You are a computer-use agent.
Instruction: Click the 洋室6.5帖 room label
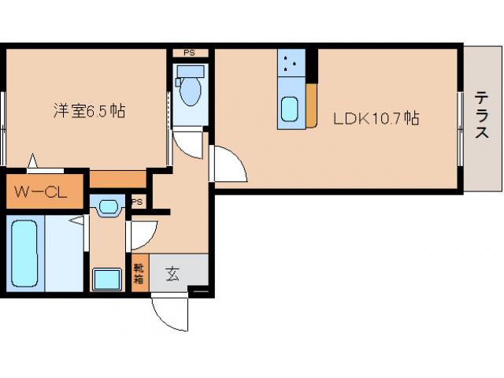(89, 111)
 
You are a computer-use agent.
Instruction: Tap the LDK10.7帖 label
(375, 119)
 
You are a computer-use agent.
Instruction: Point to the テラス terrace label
(480, 116)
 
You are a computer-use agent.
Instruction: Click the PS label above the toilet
(189, 53)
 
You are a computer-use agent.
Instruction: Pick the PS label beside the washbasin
(137, 202)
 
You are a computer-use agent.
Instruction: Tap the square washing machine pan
(107, 280)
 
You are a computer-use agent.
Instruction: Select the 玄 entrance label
(172, 274)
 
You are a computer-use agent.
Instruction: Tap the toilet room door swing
(187, 144)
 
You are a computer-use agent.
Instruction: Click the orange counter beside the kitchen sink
(311, 106)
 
